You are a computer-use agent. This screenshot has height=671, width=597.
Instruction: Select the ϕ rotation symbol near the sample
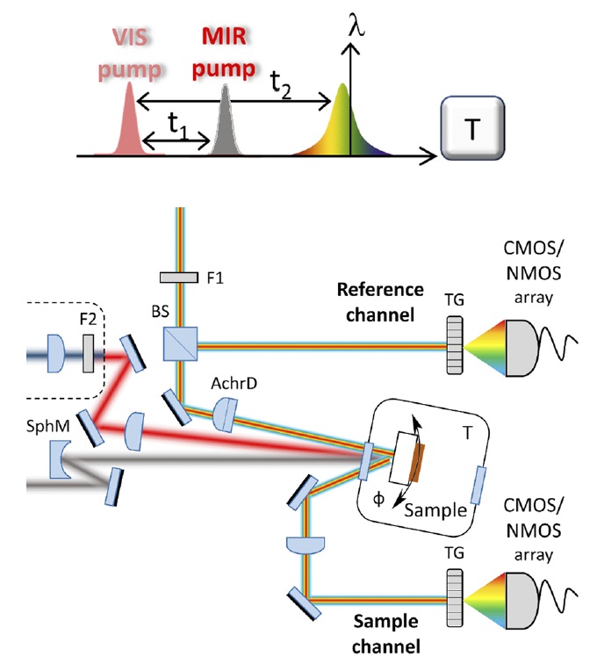click(x=378, y=499)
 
